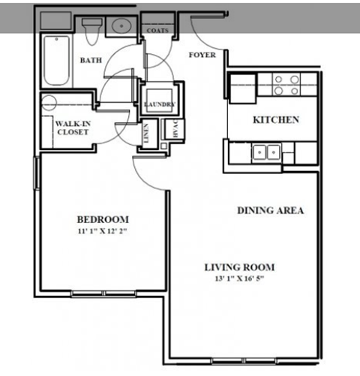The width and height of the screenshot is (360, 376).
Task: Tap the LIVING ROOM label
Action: (240, 267)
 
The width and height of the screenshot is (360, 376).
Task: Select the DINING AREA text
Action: (271, 211)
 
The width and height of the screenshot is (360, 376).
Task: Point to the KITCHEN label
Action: (276, 120)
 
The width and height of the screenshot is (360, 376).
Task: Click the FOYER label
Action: (202, 55)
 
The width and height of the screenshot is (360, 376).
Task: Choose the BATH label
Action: (91, 61)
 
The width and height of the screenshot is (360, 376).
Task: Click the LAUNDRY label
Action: (159, 104)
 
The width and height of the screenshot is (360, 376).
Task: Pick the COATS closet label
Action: (157, 31)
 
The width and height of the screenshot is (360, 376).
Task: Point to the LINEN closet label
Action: (146, 134)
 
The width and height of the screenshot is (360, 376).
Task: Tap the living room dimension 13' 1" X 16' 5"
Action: (240, 279)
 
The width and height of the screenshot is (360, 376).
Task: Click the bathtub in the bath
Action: (55, 60)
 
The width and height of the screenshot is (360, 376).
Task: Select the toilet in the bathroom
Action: (91, 32)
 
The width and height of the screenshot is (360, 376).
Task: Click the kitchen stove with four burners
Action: (286, 83)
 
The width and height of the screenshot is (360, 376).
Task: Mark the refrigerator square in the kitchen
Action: (241, 84)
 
